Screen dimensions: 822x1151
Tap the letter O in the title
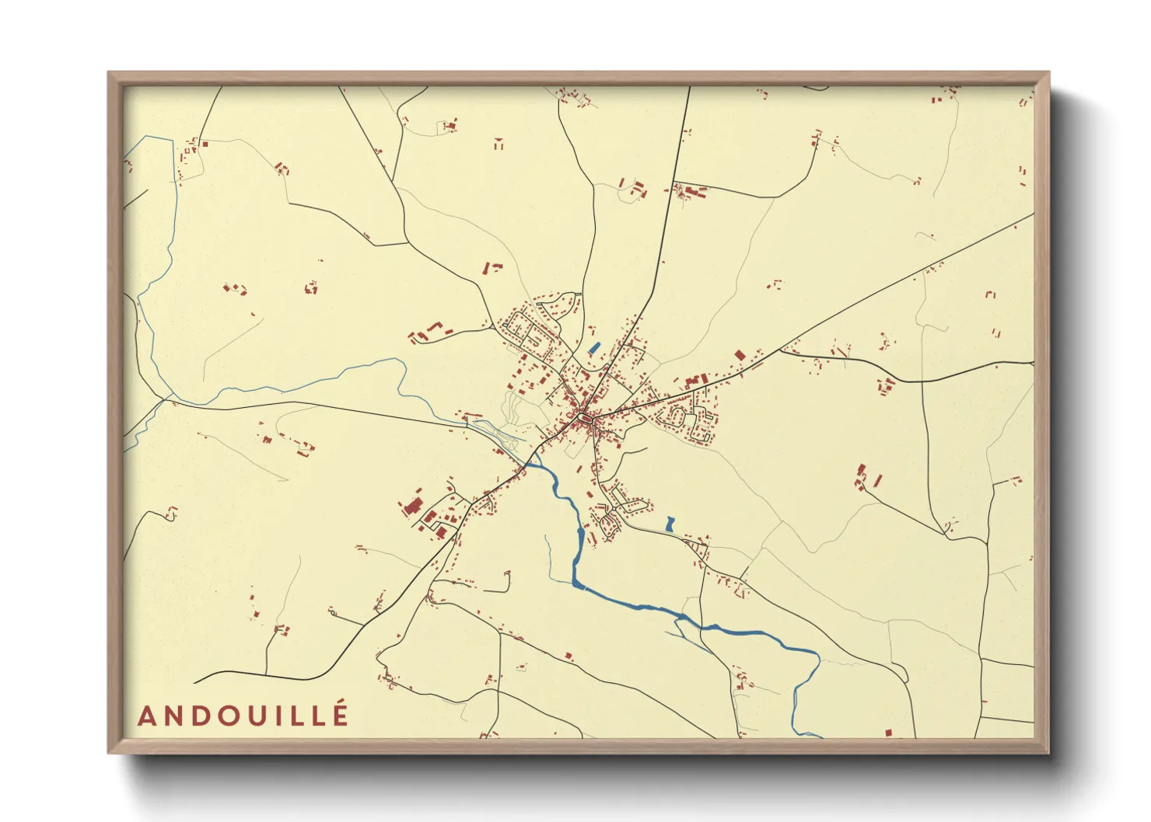(228, 716)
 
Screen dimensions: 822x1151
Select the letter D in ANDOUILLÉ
(200, 716)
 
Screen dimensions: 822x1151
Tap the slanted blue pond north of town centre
(595, 348)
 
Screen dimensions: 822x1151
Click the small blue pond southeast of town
(670, 524)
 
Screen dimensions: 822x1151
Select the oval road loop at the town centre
(583, 421)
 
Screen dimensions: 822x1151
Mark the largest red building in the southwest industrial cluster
(411, 507)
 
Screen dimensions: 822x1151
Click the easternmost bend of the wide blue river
(819, 659)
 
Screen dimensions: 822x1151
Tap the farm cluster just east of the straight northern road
(689, 190)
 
